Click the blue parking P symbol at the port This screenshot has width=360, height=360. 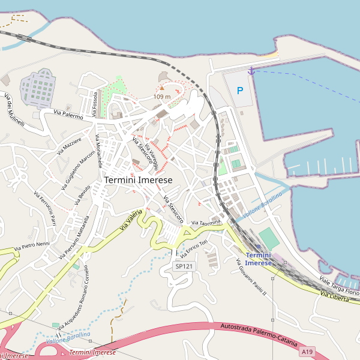240,91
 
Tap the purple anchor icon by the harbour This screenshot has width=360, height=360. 251,71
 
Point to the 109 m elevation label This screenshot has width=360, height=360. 162,96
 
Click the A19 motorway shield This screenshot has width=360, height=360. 308,351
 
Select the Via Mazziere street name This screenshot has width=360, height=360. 69,146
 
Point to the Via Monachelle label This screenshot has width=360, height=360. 98,151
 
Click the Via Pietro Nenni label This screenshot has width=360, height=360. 32,245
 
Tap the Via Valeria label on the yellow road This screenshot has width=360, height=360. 131,220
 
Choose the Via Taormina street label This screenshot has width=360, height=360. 206,223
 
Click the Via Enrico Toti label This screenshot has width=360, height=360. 196,246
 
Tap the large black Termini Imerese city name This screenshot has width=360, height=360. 138,180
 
